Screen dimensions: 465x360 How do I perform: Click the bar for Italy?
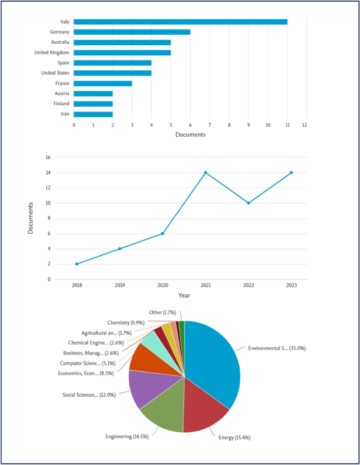click(x=180, y=22)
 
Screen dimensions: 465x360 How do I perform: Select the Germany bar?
click(x=132, y=32)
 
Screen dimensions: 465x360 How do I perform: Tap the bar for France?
click(x=103, y=83)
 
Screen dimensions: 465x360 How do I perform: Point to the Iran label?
click(x=65, y=114)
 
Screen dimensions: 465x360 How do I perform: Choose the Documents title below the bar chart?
click(x=190, y=135)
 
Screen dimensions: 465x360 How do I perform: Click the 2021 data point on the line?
click(x=205, y=173)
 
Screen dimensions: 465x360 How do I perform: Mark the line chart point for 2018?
click(x=77, y=264)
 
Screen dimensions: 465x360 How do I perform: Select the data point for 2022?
click(x=249, y=203)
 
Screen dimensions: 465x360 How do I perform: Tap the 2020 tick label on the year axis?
click(x=162, y=285)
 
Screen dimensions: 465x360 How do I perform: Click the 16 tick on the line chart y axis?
click(x=47, y=157)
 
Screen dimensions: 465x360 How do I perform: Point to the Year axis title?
click(x=184, y=295)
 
